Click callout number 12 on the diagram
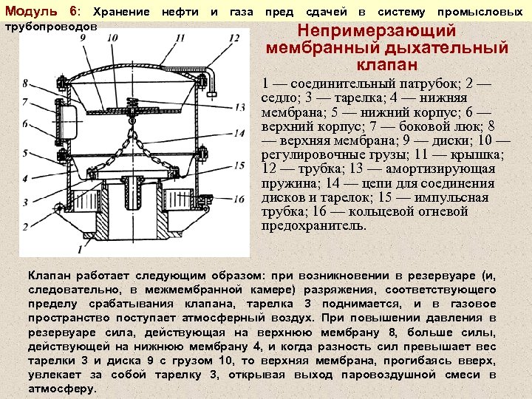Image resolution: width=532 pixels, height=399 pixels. pyautogui.click(x=234, y=38)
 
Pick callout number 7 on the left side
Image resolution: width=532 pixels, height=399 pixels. pyautogui.click(x=25, y=103)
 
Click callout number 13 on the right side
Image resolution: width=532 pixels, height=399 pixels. pyautogui.click(x=240, y=108)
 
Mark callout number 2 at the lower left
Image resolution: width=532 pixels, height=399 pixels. pyautogui.click(x=25, y=225)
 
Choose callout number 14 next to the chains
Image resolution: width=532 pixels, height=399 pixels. pyautogui.click(x=240, y=134)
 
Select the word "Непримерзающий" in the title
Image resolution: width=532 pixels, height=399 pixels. pyautogui.click(x=377, y=32)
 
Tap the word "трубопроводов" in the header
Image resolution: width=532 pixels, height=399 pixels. pyautogui.click(x=51, y=25)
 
